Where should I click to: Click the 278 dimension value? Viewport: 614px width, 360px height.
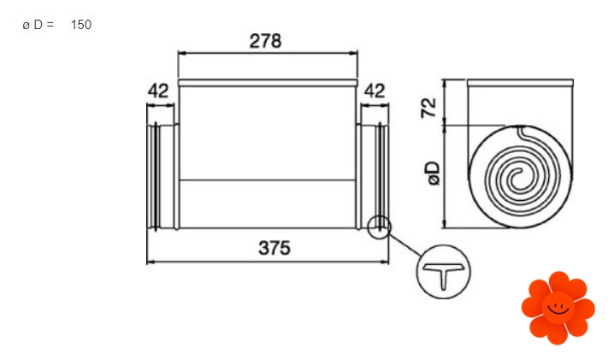[x=265, y=41]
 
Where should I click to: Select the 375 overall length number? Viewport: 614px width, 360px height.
[x=275, y=248]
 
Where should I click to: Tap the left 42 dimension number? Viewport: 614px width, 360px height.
[x=158, y=91]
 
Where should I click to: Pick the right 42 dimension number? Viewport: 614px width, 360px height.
[x=375, y=91]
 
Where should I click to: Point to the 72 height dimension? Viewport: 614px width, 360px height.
[x=428, y=108]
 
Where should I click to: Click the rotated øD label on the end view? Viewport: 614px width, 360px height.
[x=434, y=173]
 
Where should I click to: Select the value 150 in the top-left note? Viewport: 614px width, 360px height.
[x=81, y=25]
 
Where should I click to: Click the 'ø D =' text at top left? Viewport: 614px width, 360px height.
[x=38, y=25]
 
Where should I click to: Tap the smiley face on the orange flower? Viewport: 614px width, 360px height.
[x=558, y=308]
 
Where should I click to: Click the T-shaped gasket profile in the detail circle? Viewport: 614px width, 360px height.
[x=443, y=275]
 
